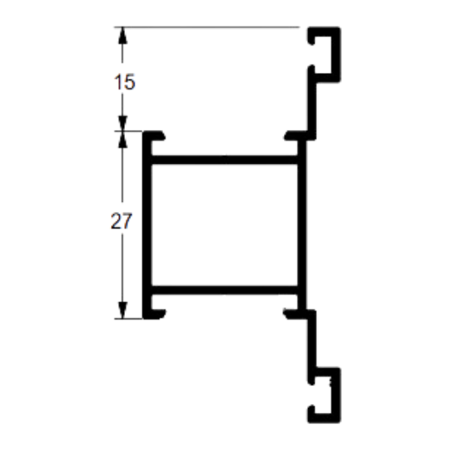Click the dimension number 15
(125, 82)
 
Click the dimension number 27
(121, 221)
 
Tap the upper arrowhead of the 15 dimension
(123, 36)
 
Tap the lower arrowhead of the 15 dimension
(123, 123)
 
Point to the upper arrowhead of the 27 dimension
(123, 139)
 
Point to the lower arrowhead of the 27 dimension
(123, 310)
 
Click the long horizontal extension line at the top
(207, 27)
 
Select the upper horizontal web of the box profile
(224, 160)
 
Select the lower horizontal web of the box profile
(224, 290)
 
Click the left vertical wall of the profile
(147, 224)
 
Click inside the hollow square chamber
(224, 225)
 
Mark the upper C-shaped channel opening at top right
(323, 55)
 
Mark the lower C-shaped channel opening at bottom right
(323, 395)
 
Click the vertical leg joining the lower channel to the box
(311, 339)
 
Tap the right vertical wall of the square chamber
(302, 224)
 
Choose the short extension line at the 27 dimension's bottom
(128, 319)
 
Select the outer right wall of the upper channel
(336, 55)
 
